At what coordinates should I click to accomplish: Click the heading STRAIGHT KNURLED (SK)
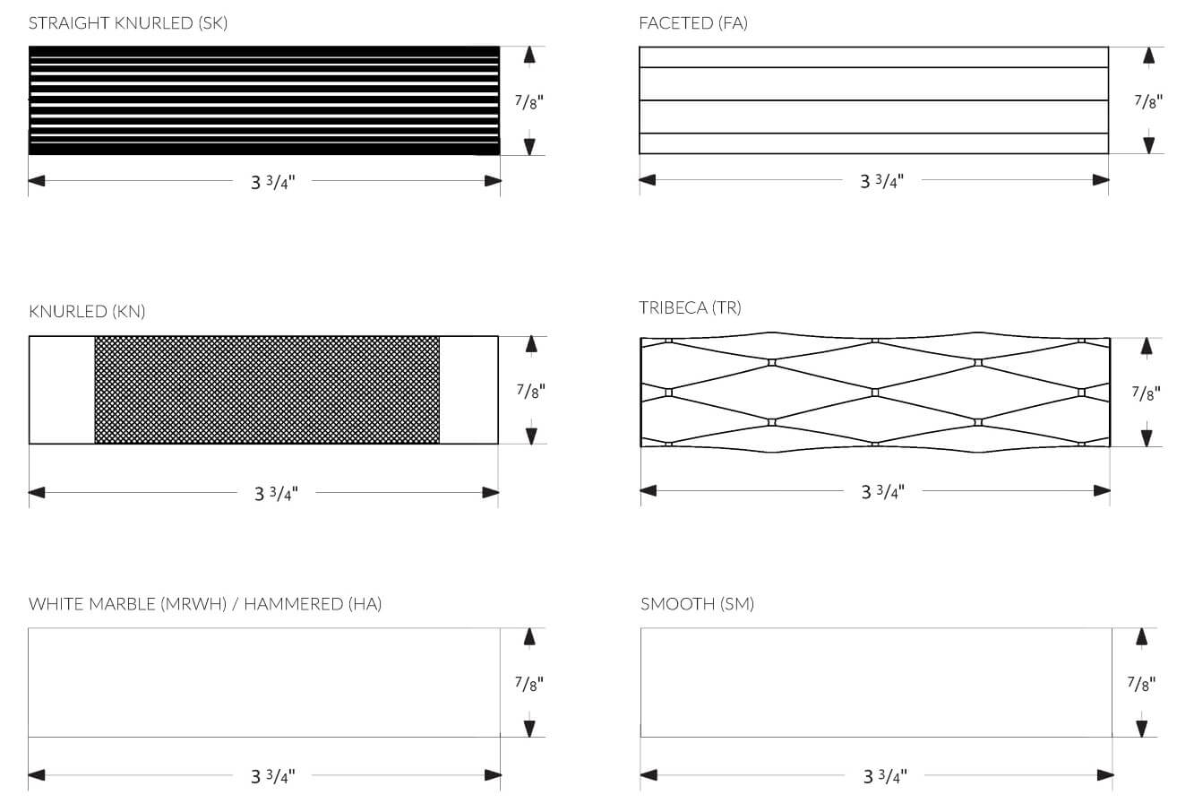(128, 23)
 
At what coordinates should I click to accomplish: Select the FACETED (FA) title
(692, 23)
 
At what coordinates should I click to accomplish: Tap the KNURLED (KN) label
(87, 312)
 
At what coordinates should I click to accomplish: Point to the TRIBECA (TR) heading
(690, 307)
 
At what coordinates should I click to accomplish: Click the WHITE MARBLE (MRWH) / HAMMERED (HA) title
(205, 604)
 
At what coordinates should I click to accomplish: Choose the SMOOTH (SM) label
(697, 604)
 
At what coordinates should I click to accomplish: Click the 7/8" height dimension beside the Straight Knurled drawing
(528, 101)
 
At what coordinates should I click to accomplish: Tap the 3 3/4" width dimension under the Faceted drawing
(881, 181)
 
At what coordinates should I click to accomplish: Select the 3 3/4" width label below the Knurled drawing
(276, 493)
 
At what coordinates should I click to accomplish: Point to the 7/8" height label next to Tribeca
(1145, 393)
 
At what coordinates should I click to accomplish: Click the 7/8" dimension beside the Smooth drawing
(1140, 684)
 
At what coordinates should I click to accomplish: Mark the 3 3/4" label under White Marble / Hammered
(272, 775)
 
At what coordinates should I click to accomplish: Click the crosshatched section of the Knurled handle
(267, 390)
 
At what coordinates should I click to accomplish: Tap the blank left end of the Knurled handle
(62, 390)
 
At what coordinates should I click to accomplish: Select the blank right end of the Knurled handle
(468, 390)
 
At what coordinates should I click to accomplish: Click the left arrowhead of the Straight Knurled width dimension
(37, 181)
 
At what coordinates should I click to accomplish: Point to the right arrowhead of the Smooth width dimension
(1104, 774)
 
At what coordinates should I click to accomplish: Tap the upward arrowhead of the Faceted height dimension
(1148, 56)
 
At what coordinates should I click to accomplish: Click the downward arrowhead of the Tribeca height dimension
(1146, 437)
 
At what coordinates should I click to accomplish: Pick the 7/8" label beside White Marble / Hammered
(528, 684)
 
